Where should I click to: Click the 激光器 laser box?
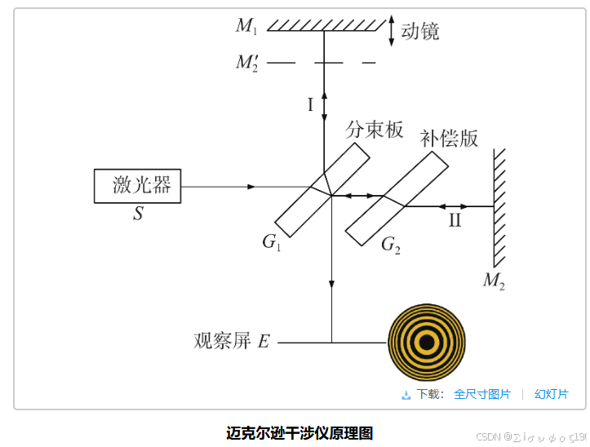[x=137, y=186]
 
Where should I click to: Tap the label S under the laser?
[x=137, y=215]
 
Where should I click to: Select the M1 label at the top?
[x=246, y=26]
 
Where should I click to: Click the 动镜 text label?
[x=420, y=31]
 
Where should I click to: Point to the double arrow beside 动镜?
[x=393, y=31]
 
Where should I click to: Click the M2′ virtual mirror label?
[x=248, y=63]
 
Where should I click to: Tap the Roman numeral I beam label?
[x=310, y=104]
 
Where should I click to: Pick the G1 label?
[x=272, y=241]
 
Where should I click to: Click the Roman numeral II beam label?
[x=455, y=220]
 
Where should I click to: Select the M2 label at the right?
[x=494, y=281]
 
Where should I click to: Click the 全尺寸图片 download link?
[x=482, y=394]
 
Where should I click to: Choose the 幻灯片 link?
[x=552, y=394]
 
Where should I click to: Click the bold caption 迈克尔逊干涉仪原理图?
[x=299, y=433]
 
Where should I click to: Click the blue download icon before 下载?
[x=406, y=395]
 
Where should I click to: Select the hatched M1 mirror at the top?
[x=326, y=24]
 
